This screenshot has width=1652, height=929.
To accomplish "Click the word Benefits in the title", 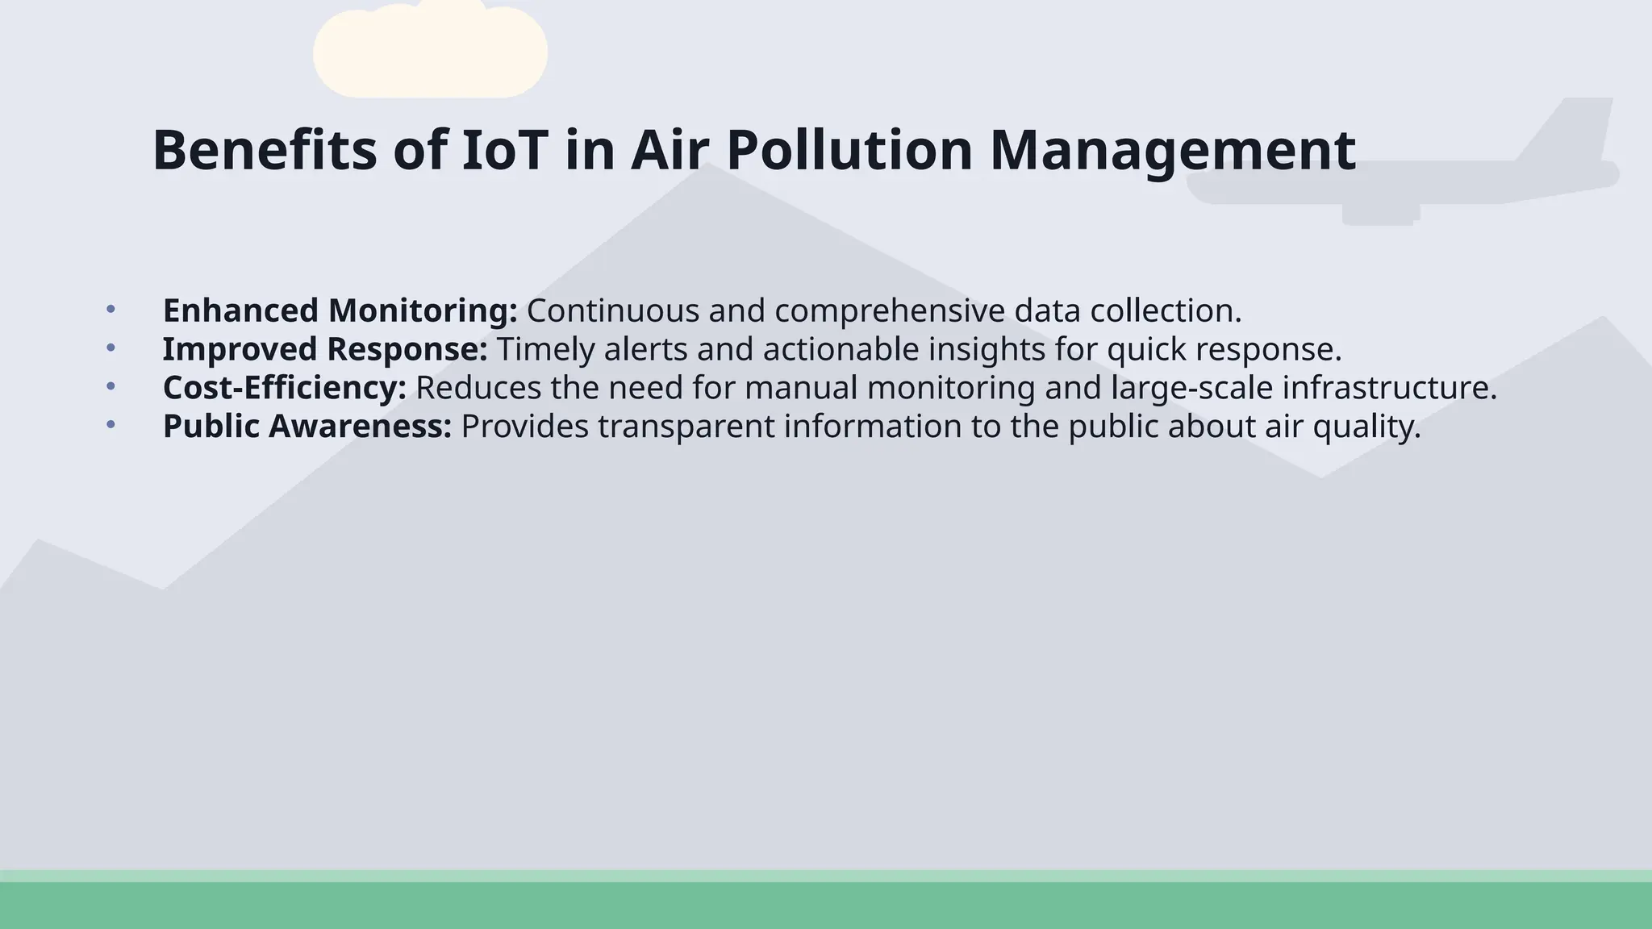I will (x=264, y=150).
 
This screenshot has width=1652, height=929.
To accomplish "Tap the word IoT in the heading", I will (x=504, y=150).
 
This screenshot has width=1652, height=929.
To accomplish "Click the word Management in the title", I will (x=1172, y=150).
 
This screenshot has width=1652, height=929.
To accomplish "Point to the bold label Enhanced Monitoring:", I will (x=340, y=310).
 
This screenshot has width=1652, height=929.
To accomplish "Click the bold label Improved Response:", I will (x=325, y=349).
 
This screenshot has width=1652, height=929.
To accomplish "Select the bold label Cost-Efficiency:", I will (x=285, y=388).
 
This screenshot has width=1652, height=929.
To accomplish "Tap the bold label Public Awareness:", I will (x=307, y=427).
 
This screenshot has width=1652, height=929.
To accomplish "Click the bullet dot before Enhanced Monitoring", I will (x=111, y=309).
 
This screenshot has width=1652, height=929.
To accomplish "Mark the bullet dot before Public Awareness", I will (x=111, y=425).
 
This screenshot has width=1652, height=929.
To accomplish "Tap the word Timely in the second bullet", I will (x=545, y=349).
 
